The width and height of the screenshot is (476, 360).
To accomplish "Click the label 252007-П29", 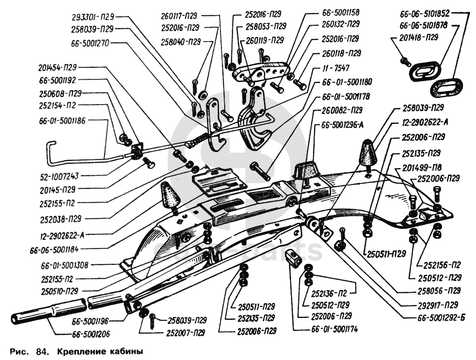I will (x=185, y=333).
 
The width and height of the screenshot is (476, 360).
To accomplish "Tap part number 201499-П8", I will (x=421, y=167).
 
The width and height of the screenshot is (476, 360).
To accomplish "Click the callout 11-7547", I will (x=328, y=67).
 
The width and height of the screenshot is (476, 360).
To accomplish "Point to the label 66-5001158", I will (x=341, y=12).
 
